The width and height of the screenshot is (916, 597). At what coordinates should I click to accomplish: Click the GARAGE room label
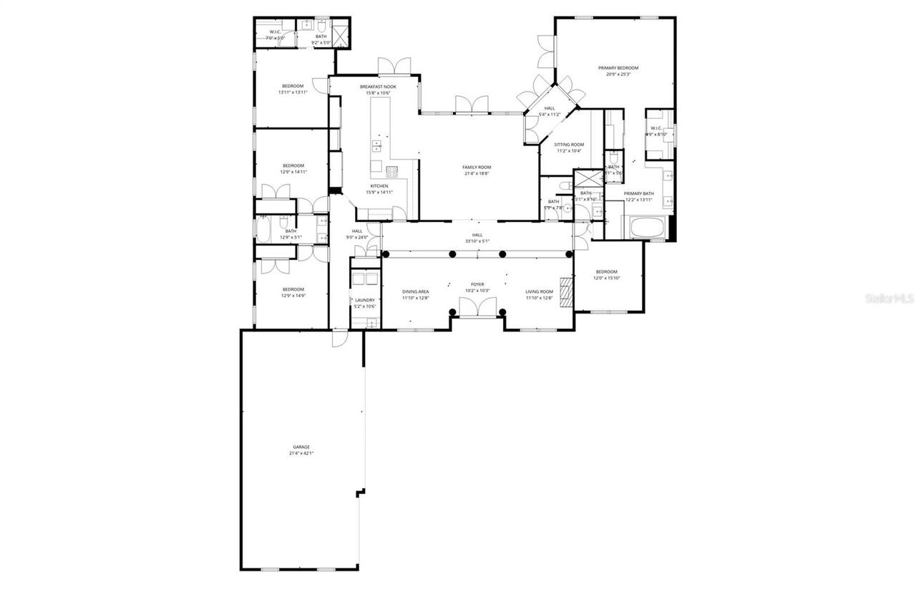[301, 447]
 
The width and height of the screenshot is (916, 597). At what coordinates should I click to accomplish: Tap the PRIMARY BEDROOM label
[618, 68]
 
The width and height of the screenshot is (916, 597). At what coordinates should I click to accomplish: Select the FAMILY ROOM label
[477, 167]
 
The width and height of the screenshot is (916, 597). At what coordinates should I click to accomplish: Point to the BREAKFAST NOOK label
[378, 87]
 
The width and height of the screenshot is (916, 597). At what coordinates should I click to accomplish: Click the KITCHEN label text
[379, 186]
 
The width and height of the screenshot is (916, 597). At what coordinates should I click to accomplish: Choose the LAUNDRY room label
[365, 300]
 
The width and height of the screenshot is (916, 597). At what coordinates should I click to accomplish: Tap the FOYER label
[477, 284]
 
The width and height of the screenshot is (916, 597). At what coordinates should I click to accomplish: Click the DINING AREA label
[415, 291]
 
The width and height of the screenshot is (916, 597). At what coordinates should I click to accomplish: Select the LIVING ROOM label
[540, 291]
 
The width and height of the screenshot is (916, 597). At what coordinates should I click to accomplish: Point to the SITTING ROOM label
[569, 145]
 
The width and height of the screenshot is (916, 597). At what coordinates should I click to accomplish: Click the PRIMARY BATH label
[638, 193]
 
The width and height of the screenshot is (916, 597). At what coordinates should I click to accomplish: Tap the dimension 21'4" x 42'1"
[301, 453]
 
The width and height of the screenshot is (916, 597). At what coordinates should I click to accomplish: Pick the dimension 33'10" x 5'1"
[477, 241]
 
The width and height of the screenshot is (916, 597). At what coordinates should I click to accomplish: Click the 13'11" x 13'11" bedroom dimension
[293, 92]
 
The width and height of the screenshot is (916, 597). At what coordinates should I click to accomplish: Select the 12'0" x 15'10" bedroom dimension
[606, 278]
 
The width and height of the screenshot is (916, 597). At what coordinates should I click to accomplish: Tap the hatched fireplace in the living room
[567, 292]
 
